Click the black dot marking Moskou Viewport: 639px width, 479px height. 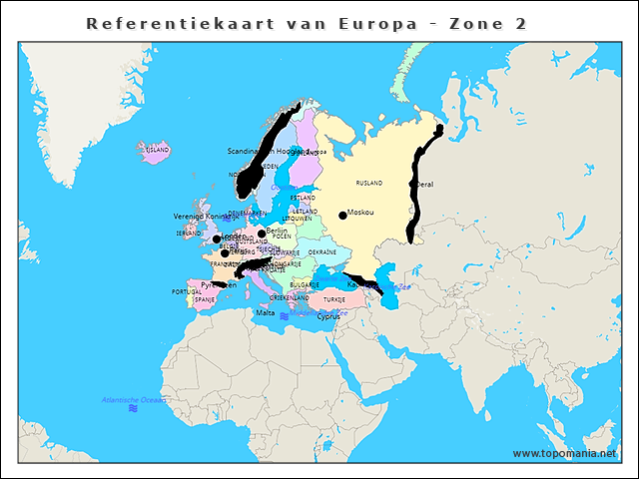342,215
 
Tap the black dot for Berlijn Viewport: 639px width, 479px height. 262,233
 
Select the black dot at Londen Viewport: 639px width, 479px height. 217,239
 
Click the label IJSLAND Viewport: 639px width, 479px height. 158,150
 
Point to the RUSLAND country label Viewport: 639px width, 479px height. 369,184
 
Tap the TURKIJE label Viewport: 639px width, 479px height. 333,299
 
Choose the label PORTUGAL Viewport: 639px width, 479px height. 187,292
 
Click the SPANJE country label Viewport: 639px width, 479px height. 205,299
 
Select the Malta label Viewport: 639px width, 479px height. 265,312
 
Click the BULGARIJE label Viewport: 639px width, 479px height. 305,284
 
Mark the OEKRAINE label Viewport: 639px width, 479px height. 321,252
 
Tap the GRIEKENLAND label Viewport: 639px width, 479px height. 289,297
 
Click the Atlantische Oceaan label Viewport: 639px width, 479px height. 134,400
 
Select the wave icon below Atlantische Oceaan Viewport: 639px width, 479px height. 133,409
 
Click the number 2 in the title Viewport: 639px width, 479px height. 521,23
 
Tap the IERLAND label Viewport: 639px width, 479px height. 189,234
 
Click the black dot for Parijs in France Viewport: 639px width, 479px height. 225,252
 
